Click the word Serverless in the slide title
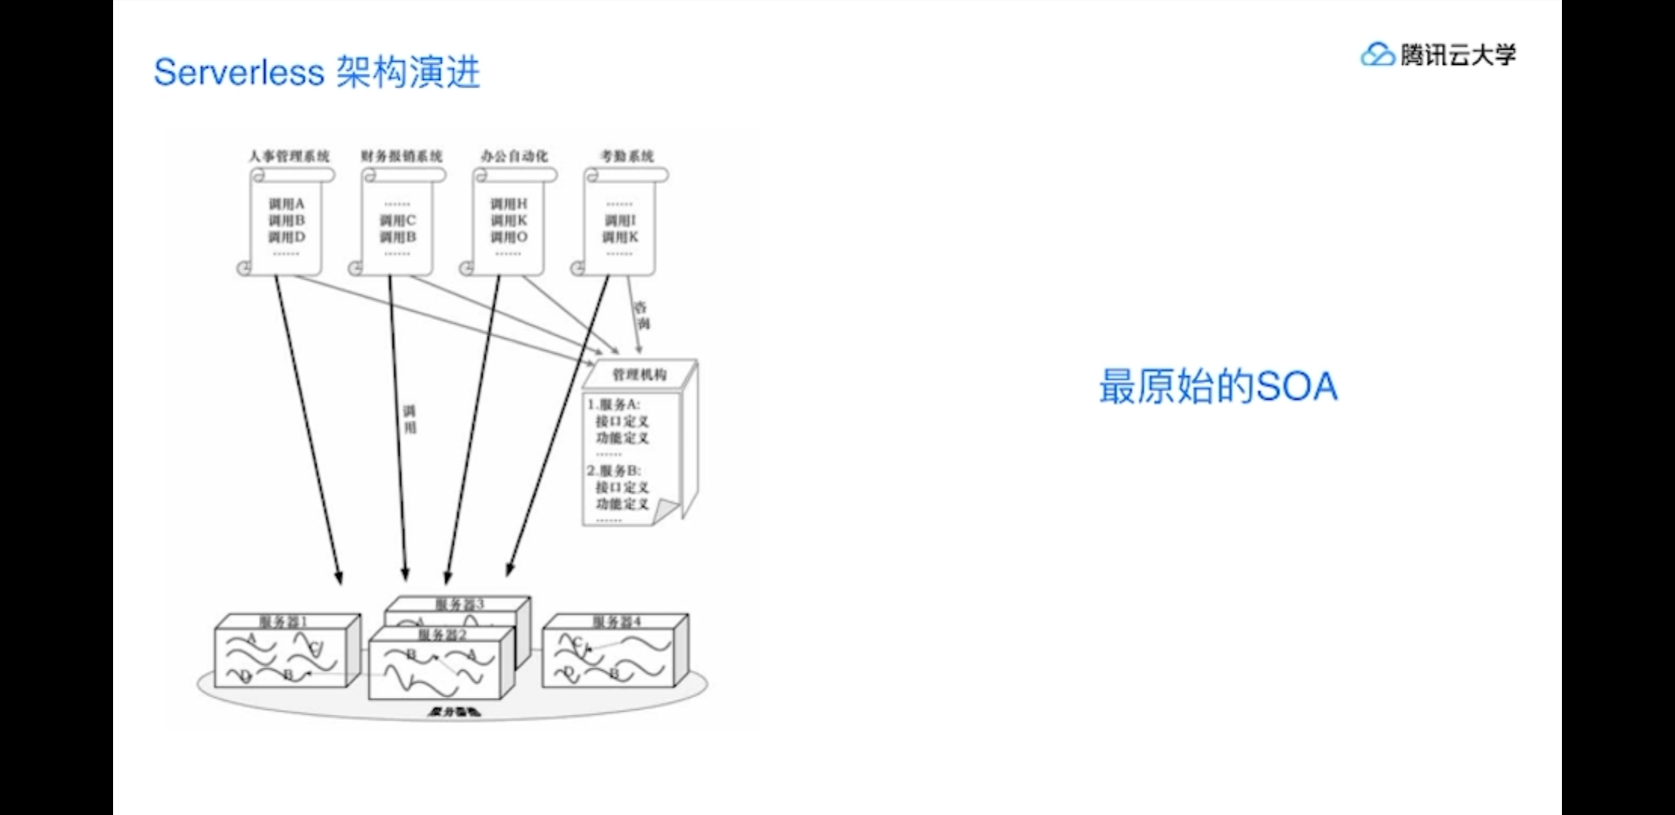tap(238, 72)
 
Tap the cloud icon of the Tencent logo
tap(1377, 54)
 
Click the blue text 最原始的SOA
tap(1218, 386)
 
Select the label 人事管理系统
tap(289, 156)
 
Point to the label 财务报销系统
tap(401, 156)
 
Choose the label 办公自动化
tap(514, 156)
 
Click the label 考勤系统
tap(627, 156)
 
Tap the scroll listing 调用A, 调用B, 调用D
tap(287, 223)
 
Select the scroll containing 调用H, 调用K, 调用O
tap(509, 223)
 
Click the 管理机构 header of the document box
tap(639, 374)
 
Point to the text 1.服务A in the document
tap(613, 404)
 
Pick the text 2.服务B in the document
tap(613, 470)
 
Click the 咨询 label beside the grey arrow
tap(641, 315)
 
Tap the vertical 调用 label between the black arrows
tap(410, 420)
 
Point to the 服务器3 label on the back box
tap(459, 604)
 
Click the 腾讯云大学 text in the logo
tap(1458, 54)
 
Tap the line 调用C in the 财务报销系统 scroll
tap(398, 220)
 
